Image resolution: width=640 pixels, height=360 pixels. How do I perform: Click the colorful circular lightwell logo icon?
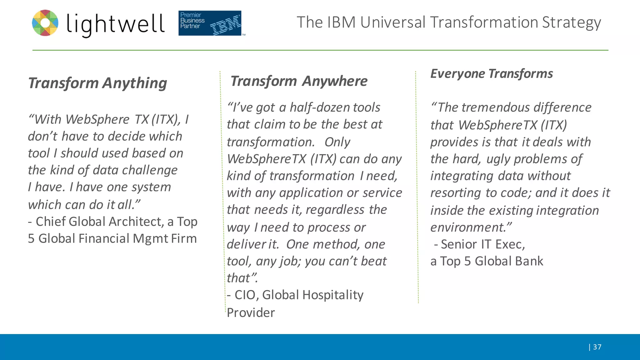click(x=45, y=23)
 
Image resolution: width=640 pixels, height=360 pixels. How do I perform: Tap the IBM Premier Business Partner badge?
click(x=210, y=23)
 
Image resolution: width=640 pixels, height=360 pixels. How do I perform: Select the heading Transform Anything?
click(x=97, y=83)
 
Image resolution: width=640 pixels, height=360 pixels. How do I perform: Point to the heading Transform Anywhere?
click(x=299, y=81)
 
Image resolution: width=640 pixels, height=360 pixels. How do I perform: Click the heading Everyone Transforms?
click(x=492, y=74)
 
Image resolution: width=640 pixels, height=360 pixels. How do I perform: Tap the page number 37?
click(x=597, y=347)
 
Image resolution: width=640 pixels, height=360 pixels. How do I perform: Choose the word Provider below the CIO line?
click(x=251, y=313)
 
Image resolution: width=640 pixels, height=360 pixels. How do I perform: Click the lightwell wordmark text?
click(x=115, y=24)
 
